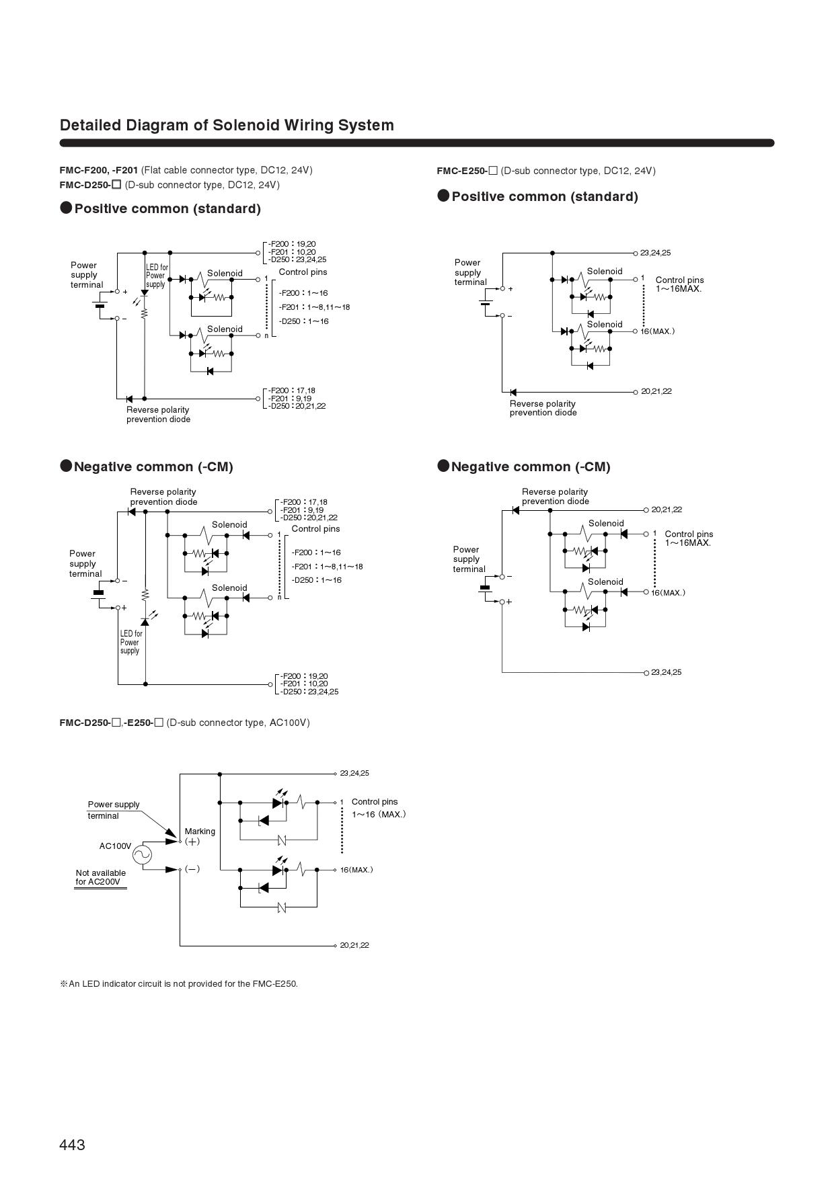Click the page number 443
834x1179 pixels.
click(73, 1145)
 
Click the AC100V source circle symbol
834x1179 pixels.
click(142, 854)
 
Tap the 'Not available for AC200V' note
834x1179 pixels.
click(101, 877)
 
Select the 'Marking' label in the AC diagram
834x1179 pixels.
click(200, 831)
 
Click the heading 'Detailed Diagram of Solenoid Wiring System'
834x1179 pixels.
click(227, 125)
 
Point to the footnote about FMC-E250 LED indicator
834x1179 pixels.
click(179, 983)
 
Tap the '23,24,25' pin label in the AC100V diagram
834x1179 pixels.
click(354, 773)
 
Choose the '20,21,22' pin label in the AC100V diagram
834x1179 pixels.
click(354, 945)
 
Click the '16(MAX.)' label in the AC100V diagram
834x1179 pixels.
click(356, 870)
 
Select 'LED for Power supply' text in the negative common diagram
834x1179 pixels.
click(131, 642)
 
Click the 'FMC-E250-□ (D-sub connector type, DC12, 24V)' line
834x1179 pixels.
click(545, 171)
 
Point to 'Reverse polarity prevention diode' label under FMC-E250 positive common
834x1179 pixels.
click(543, 408)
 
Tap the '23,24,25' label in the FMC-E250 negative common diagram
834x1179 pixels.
click(666, 672)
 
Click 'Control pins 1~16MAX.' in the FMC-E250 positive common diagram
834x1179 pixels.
click(679, 284)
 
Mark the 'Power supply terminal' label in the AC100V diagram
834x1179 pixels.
click(114, 810)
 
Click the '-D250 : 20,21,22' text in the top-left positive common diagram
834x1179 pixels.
click(297, 406)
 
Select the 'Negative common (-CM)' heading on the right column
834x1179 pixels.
click(531, 466)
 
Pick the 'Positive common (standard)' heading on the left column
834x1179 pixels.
click(167, 208)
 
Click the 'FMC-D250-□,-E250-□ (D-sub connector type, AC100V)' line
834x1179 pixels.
click(184, 723)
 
